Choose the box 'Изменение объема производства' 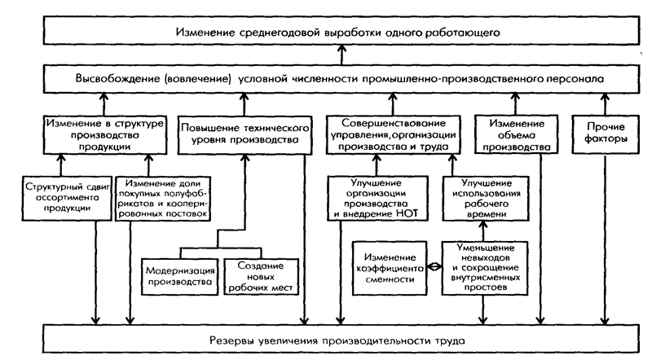512,134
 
